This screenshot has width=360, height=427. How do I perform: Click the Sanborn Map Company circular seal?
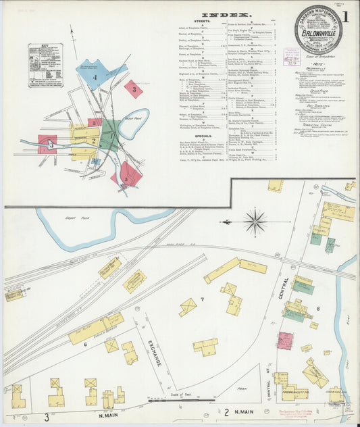(x=317, y=30)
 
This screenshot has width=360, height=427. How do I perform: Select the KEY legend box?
(x=45, y=66)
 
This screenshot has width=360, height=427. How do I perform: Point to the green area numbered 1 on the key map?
(x=110, y=134)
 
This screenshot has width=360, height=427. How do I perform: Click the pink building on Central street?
(x=285, y=340)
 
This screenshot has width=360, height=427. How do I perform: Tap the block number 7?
(x=202, y=299)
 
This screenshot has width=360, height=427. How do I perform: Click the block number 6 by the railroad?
(x=85, y=345)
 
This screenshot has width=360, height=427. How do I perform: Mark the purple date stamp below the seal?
(x=292, y=55)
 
